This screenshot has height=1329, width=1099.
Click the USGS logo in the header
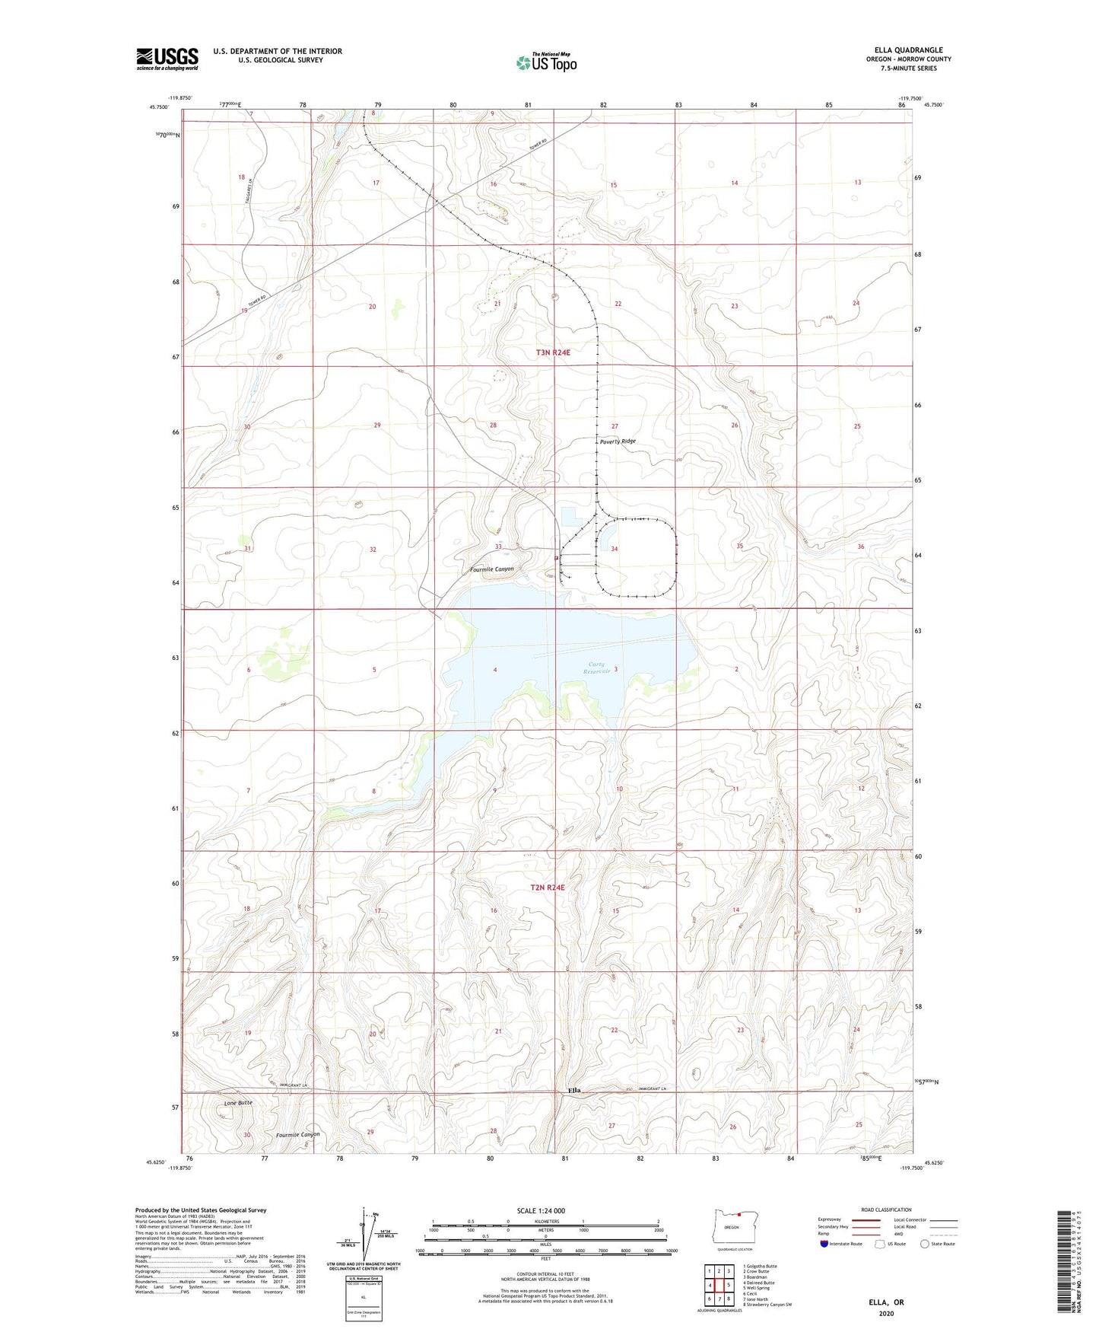(167, 59)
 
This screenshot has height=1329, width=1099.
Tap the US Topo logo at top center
(545, 62)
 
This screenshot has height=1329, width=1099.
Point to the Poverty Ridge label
(618, 441)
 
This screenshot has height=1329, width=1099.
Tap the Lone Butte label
(238, 1103)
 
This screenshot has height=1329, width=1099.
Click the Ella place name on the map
(575, 1091)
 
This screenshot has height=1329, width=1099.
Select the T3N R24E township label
(553, 353)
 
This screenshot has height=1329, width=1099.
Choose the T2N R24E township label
(548, 888)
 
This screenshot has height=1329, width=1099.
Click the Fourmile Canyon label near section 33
(491, 569)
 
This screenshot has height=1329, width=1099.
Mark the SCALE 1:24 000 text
(541, 1211)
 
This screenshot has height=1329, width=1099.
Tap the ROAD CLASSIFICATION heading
(886, 1209)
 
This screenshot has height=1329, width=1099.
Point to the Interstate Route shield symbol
(824, 1244)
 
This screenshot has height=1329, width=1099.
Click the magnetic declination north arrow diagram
(373, 1236)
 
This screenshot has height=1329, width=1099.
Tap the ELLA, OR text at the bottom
(886, 1302)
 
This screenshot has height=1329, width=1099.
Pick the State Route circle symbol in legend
(924, 1244)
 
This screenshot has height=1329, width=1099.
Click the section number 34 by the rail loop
(614, 549)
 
